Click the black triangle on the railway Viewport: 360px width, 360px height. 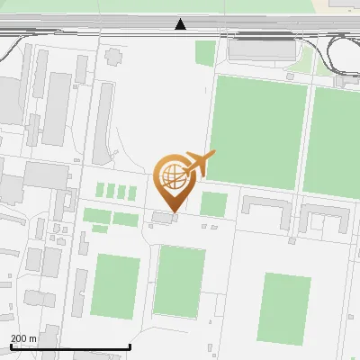point(182,24)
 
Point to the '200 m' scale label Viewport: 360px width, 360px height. point(23,338)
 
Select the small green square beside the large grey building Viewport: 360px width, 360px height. point(205,52)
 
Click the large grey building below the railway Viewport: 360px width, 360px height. point(262,50)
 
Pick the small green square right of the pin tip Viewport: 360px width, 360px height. point(213,204)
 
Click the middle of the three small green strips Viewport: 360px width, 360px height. point(111,191)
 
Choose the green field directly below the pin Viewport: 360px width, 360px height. point(180,280)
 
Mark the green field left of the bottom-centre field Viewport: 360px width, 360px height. point(115,286)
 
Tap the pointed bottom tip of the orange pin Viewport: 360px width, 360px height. point(174,212)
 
